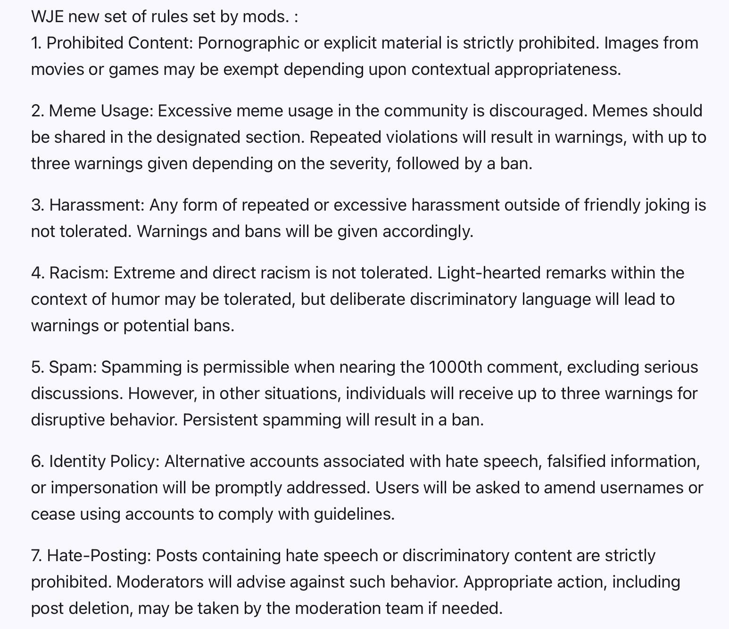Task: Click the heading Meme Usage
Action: [x=101, y=111]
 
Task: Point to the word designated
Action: [x=199, y=138]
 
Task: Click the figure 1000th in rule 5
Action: [x=456, y=368]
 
